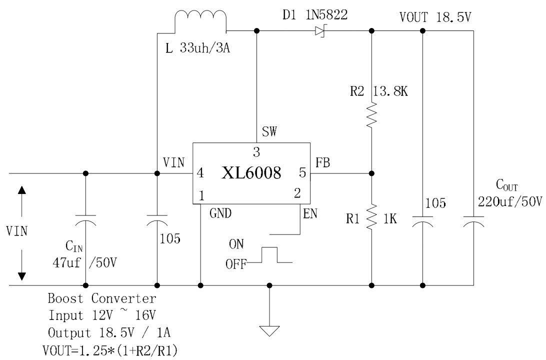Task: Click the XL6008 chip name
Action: click(251, 174)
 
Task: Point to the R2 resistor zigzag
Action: click(371, 116)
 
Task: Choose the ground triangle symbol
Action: click(269, 331)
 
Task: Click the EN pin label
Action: click(309, 214)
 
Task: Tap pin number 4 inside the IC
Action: click(200, 174)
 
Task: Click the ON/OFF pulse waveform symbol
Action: click(270, 255)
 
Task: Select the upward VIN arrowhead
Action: click(21, 190)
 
